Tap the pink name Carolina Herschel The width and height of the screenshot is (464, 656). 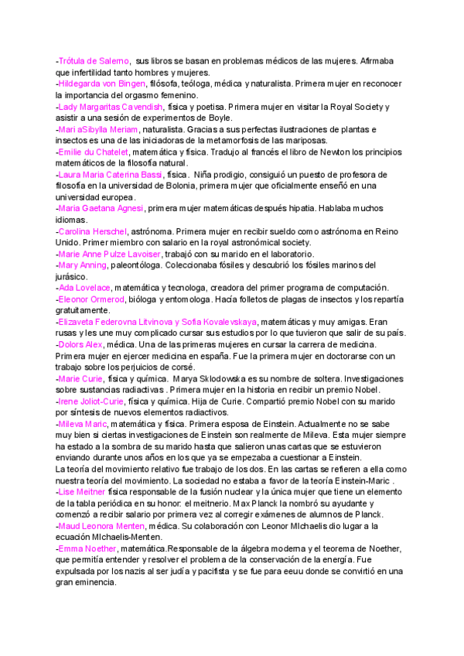pyautogui.click(x=94, y=231)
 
